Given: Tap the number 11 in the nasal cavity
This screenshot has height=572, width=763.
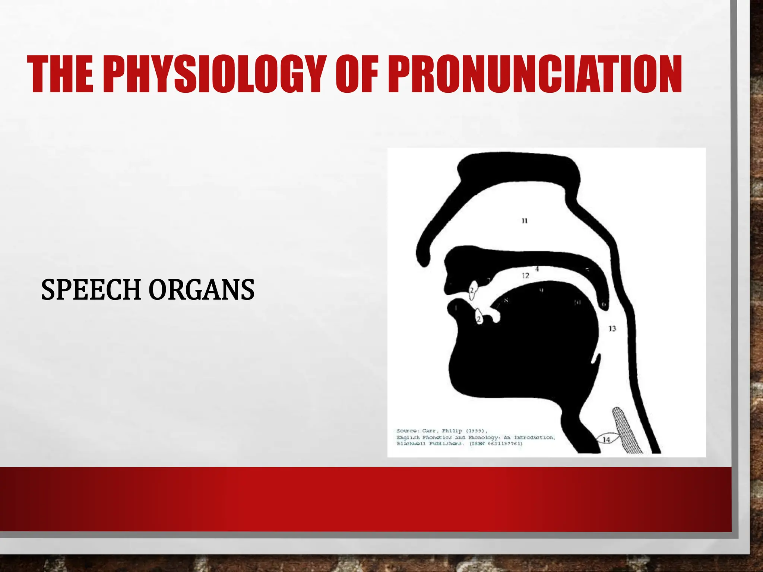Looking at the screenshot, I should click(525, 221).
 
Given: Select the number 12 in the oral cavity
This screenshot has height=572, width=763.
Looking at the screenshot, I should click(525, 276).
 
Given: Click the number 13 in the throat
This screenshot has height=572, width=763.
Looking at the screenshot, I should click(612, 328).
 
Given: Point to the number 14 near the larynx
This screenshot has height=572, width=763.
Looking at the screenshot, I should click(606, 440).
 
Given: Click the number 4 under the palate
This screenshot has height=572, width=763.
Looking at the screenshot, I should click(537, 268).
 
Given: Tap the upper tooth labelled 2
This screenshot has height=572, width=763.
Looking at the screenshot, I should click(472, 291).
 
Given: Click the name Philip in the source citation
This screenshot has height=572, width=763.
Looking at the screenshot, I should click(452, 431).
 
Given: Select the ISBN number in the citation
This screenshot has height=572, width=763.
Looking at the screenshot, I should click(505, 444).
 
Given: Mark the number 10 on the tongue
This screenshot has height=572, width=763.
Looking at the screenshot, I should click(577, 302).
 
